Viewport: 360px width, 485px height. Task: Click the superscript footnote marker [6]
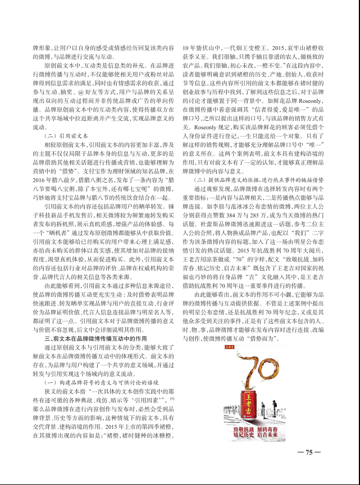172,398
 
